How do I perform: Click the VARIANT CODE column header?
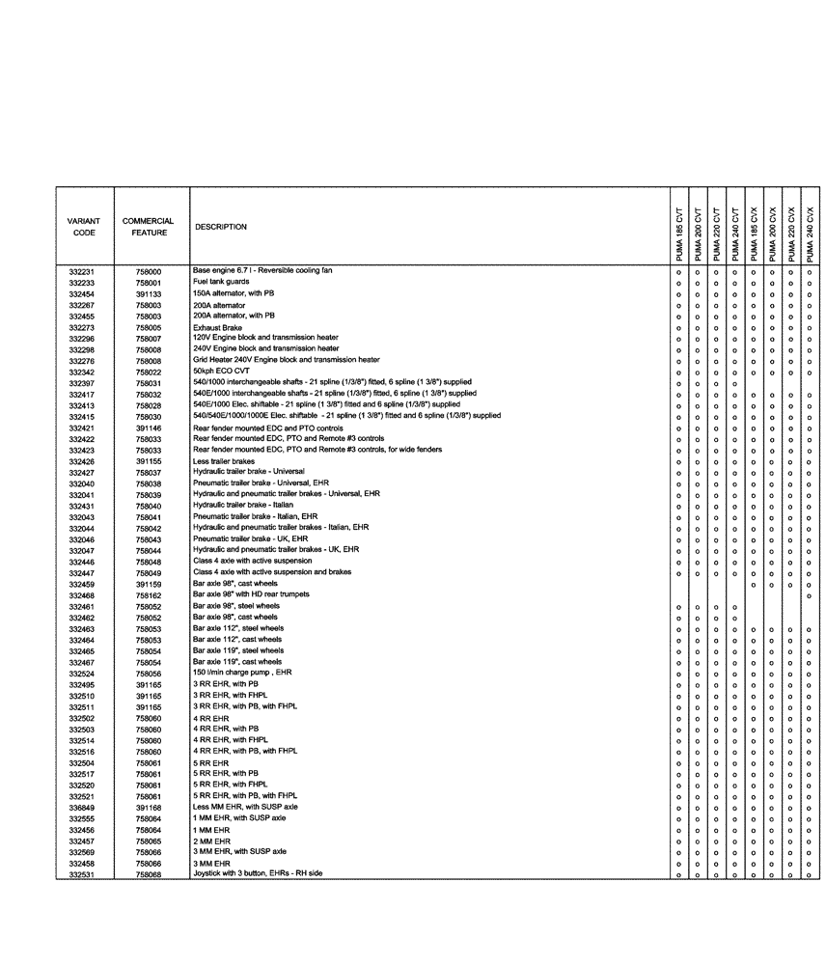pos(84,227)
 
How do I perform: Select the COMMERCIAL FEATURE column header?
pos(148,227)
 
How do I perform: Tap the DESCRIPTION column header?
pos(220,227)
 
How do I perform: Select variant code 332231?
pos(82,272)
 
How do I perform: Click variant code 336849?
pos(82,807)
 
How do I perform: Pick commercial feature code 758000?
pos(149,272)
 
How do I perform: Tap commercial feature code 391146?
pos(149,427)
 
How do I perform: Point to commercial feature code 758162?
pos(149,595)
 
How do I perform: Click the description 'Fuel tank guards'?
pos(222,283)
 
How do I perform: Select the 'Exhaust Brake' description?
pos(218,327)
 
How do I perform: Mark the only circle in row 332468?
pos(810,595)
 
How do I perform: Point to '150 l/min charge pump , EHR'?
pos(242,673)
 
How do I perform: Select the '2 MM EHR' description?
pos(211,841)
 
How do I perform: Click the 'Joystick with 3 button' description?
pos(258,873)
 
